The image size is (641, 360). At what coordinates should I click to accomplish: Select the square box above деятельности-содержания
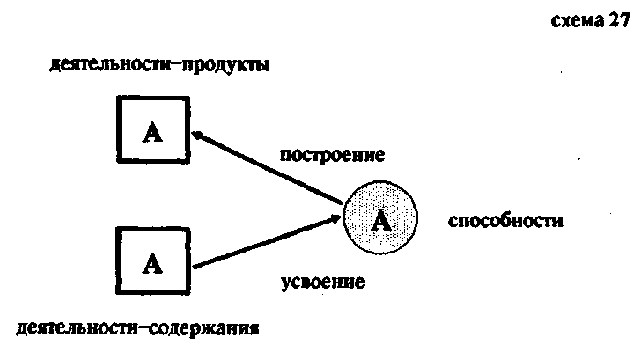click(x=152, y=261)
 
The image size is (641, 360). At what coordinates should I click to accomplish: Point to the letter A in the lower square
click(x=152, y=261)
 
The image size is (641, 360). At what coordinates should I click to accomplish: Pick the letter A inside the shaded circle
click(x=380, y=220)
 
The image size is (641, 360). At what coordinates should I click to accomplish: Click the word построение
click(x=333, y=156)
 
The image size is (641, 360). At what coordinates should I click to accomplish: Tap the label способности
click(x=505, y=219)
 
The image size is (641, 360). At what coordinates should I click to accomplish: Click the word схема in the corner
click(x=575, y=24)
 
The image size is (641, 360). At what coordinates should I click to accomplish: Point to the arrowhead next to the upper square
click(x=199, y=135)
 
